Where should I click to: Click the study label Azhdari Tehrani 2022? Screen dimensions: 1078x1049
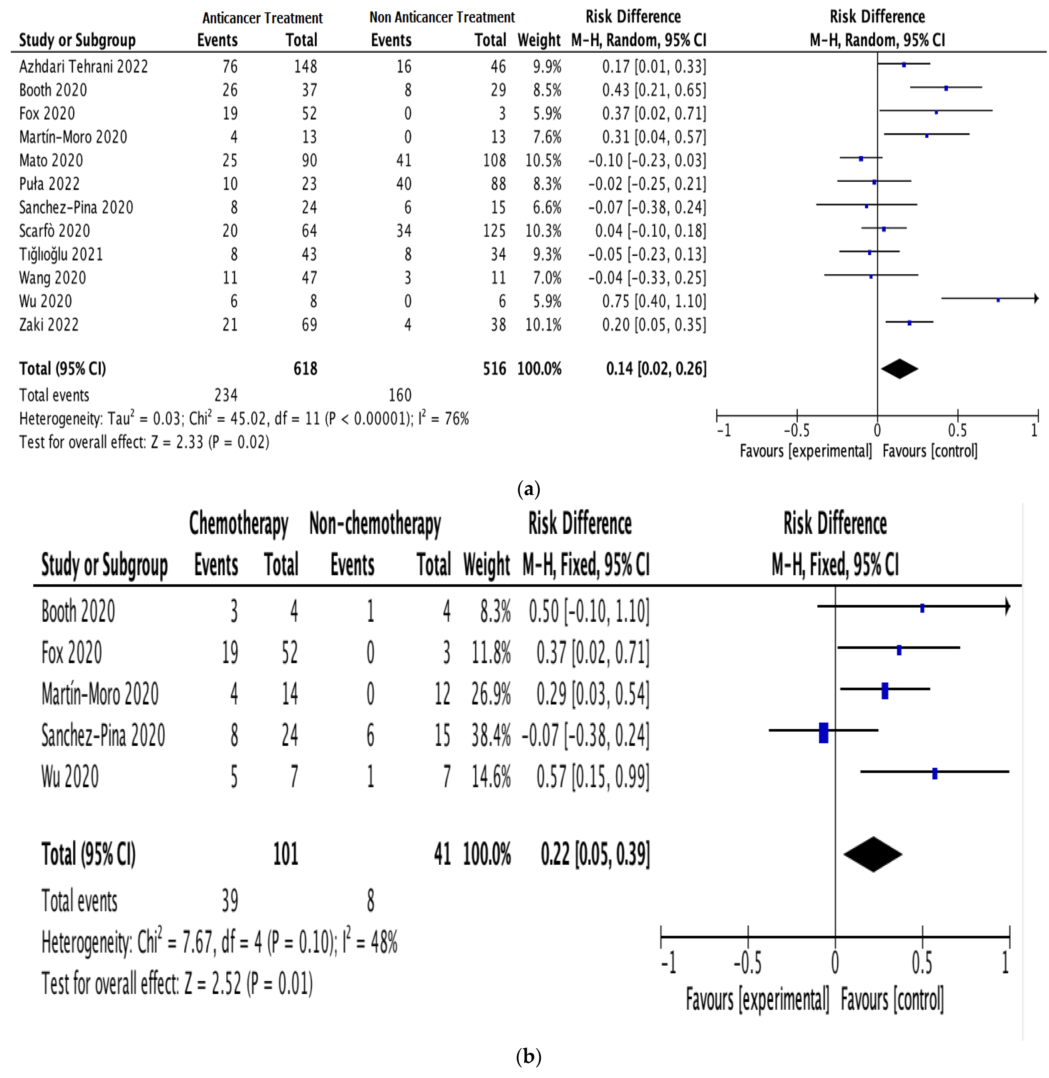point(83,66)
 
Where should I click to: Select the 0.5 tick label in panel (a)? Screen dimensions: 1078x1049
point(957,430)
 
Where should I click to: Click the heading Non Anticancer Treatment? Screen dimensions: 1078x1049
point(442,17)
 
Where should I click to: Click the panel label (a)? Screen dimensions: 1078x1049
point(528,488)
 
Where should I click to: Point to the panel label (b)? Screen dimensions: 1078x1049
point(528,1056)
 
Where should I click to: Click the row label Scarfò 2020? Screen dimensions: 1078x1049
point(54,231)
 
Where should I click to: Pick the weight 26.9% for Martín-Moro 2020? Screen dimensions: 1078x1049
point(490,694)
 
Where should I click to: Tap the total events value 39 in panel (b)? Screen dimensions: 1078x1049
point(230,901)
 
